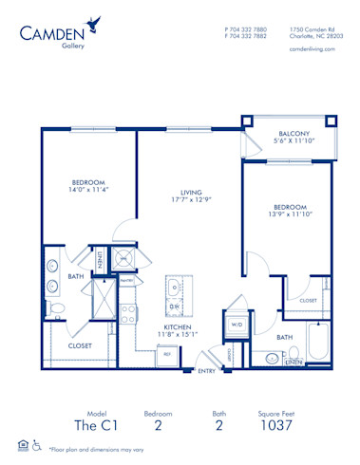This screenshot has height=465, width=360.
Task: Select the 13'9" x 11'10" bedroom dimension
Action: click(x=291, y=214)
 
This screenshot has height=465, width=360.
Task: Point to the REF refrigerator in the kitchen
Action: click(x=167, y=355)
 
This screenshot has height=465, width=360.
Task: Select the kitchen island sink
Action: click(x=175, y=306)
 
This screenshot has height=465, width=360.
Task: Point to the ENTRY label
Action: click(x=206, y=370)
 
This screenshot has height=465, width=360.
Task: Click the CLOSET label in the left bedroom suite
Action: click(x=81, y=345)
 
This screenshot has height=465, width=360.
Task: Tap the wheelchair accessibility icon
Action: click(x=36, y=445)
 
